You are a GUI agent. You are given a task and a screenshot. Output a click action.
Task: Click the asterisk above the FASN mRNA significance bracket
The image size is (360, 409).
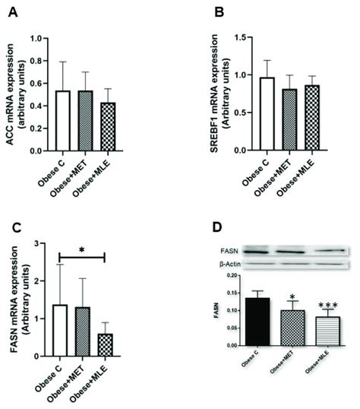pyautogui.click(x=82, y=249)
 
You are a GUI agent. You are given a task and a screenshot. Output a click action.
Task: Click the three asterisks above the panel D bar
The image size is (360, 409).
pyautogui.click(x=327, y=303)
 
